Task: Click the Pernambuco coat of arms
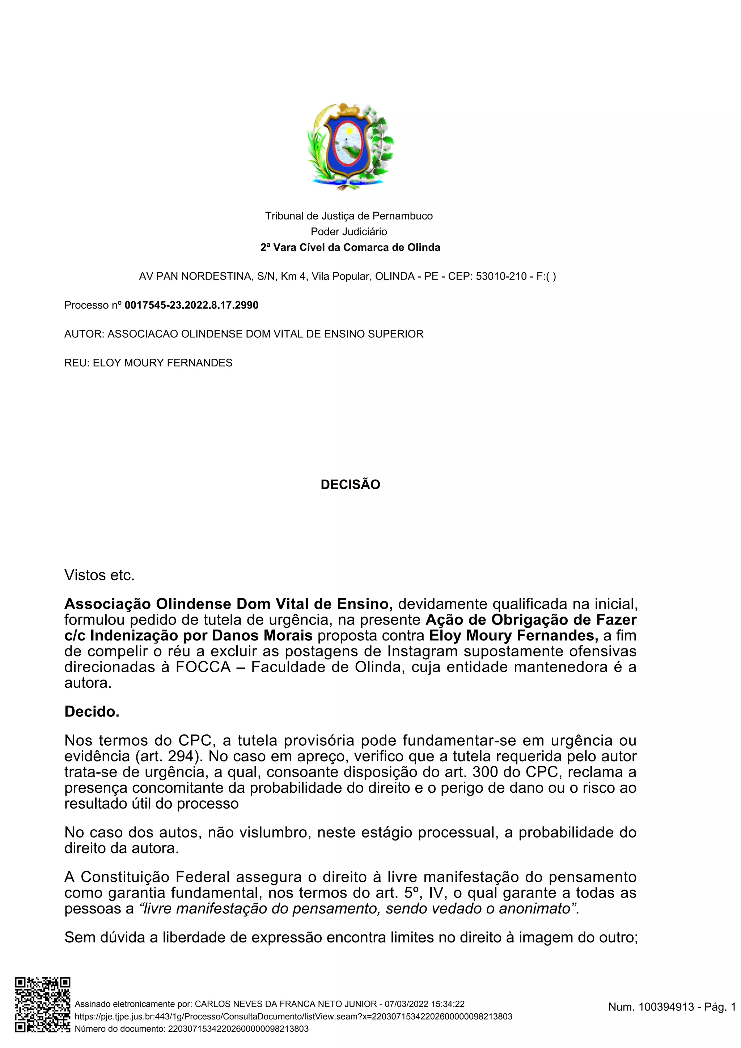tap(350, 146)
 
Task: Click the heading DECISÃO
tap(350, 484)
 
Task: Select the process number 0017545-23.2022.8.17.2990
tap(191, 305)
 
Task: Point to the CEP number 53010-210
tap(501, 276)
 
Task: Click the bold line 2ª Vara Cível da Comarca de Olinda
tap(350, 247)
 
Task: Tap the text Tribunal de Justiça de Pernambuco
tap(349, 216)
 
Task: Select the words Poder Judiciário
tap(349, 231)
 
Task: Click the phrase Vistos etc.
tap(99, 575)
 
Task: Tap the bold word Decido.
tap(92, 712)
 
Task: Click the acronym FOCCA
tap(204, 667)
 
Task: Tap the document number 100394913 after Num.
tap(666, 1006)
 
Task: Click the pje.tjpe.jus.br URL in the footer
tap(293, 1017)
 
